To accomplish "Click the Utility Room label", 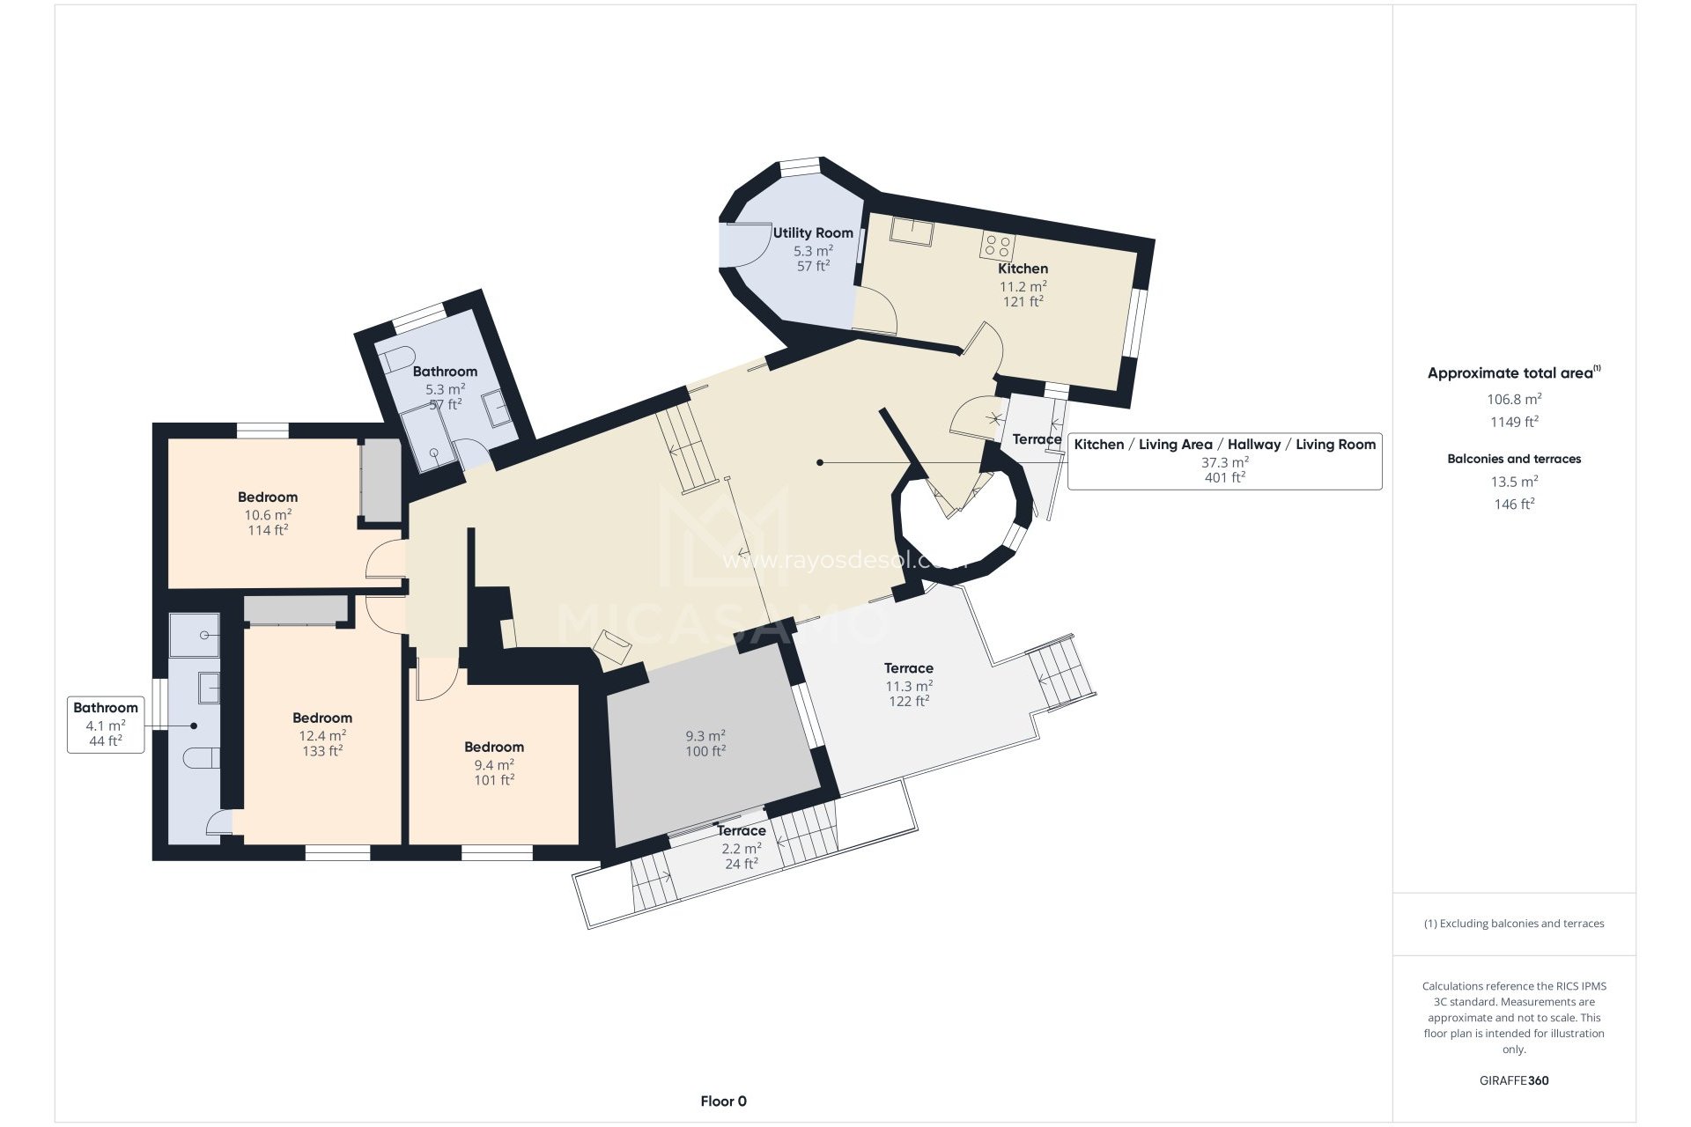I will coord(813,232).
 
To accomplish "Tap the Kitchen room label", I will coord(1023,269).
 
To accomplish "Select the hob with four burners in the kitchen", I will coord(998,246).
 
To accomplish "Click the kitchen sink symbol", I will coord(912,231).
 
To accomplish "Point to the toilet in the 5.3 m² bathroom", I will coord(397,359).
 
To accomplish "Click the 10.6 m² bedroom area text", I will coord(268,515).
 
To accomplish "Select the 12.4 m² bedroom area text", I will coord(322,736).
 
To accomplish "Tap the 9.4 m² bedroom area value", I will coord(494,765).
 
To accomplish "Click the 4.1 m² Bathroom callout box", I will coord(106,724).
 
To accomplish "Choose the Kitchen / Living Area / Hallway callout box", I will coord(1224,460).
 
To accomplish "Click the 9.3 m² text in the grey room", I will coord(705,736).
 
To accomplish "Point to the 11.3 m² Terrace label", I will coord(908,668).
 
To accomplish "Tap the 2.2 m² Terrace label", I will coord(741,831).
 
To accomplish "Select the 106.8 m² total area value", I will coord(1513,399).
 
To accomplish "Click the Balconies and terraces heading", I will coord(1513,459).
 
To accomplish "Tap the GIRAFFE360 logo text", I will coord(1513,1080).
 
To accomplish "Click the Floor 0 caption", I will coord(723,1101).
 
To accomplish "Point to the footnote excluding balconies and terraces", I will coord(1513,924).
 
